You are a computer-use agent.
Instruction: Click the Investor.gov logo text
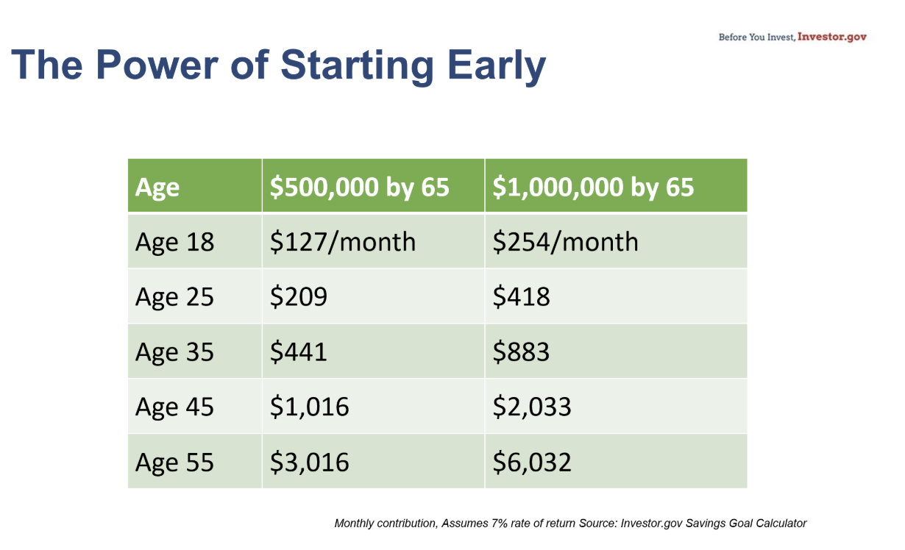coord(831,37)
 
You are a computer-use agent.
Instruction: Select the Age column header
coord(157,187)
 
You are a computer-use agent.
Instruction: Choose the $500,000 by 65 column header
coord(359,187)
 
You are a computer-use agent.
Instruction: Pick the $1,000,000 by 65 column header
coord(593,187)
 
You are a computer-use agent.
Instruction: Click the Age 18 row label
coord(174,242)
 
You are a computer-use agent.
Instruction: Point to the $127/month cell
coord(342,242)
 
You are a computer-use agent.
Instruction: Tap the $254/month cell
coord(565,242)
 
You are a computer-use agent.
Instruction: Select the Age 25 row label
coord(174,297)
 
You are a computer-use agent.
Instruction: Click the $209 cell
coord(298,297)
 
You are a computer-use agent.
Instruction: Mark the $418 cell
coord(521,297)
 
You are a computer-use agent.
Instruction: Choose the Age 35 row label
coord(174,352)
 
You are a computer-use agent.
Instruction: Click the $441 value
coord(298,352)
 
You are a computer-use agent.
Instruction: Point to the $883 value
coord(521,352)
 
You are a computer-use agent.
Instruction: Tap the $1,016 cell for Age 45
coord(309,407)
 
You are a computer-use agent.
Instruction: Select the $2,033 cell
coord(532,407)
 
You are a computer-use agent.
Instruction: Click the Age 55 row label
coord(174,463)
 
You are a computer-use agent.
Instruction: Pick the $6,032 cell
coord(532,463)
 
